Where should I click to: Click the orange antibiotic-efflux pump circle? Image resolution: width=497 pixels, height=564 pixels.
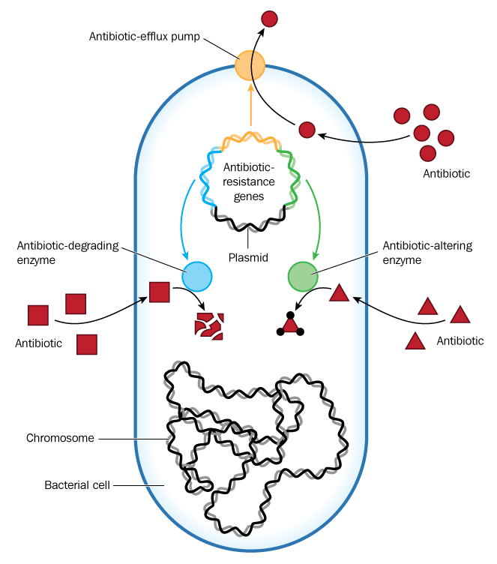pyautogui.click(x=250, y=66)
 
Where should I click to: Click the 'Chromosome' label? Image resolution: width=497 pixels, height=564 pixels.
pyautogui.click(x=60, y=438)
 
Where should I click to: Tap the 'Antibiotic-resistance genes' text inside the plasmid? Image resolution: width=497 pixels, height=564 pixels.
pyautogui.click(x=250, y=182)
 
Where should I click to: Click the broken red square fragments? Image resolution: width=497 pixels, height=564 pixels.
pyautogui.click(x=209, y=325)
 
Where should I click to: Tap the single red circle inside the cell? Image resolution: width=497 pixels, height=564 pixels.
pyautogui.click(x=307, y=130)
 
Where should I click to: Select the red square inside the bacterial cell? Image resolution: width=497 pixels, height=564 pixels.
pyautogui.click(x=159, y=292)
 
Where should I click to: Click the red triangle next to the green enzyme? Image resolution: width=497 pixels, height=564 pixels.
pyautogui.click(x=340, y=292)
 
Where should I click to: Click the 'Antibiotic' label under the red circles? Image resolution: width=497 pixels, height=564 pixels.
pyautogui.click(x=447, y=173)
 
